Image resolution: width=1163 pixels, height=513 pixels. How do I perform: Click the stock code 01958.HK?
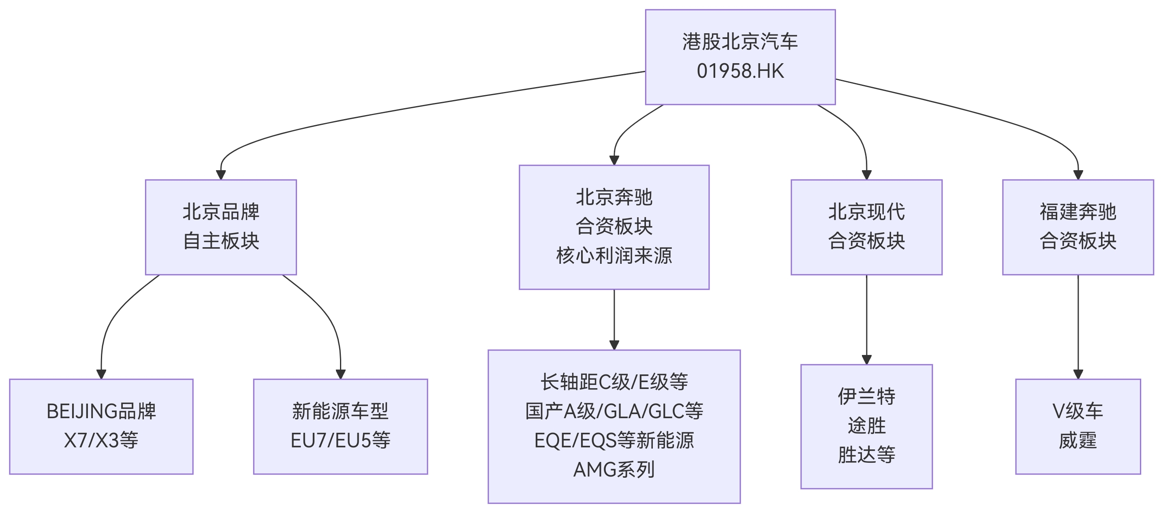click(x=740, y=71)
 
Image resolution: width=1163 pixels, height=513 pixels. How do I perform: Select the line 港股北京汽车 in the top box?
click(x=740, y=42)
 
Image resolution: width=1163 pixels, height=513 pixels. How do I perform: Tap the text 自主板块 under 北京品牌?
click(x=221, y=241)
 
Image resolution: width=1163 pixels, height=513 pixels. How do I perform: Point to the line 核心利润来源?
click(x=614, y=256)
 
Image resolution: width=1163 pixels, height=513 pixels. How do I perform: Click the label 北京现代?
click(x=866, y=212)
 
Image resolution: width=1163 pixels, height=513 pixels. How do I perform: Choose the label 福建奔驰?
click(x=1077, y=212)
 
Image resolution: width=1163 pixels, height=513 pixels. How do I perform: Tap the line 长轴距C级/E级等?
click(x=614, y=382)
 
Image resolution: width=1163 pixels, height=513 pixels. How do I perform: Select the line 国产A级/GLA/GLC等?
click(x=614, y=411)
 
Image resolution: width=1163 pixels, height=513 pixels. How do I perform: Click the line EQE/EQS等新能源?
click(x=614, y=441)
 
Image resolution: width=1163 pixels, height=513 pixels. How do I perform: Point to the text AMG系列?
click(x=614, y=470)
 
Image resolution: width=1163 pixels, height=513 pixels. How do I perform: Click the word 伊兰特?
click(x=866, y=396)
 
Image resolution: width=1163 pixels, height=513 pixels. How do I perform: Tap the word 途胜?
click(x=866, y=426)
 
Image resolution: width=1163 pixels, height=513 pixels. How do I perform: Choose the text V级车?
click(x=1077, y=411)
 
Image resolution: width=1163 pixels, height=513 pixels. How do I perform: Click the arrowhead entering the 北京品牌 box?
click(x=221, y=175)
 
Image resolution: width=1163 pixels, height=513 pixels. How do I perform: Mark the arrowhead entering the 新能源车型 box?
click(x=340, y=374)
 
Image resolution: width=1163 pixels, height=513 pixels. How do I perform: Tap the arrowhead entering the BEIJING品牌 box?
click(x=101, y=374)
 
